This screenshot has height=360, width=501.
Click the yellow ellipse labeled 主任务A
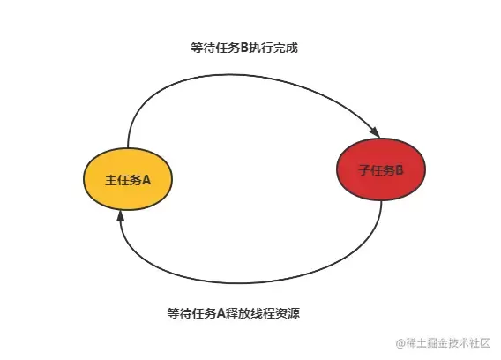pos(128,179)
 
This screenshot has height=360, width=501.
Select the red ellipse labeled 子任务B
pos(381,169)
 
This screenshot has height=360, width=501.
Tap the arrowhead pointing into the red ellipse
pos(375,131)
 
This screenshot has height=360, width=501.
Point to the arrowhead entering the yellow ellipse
pos(120,216)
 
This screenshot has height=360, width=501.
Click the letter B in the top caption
pos(244,48)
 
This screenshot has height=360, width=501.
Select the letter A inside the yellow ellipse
pos(146,180)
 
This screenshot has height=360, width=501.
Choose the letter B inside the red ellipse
pos(400,169)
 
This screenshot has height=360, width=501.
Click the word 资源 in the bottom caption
pos(288,313)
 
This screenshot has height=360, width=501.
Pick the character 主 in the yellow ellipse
pos(111,180)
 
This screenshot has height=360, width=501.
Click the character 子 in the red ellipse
pos(364,169)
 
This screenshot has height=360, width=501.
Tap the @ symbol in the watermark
pos(400,343)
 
